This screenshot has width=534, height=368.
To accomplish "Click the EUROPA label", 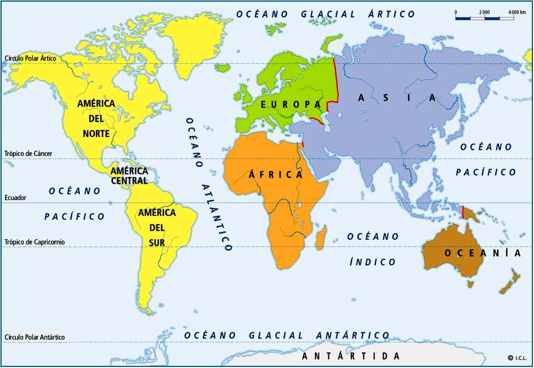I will (x=291, y=104).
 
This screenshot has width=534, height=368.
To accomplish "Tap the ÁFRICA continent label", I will (x=276, y=174).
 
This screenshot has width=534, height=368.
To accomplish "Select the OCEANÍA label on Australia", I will (x=482, y=253).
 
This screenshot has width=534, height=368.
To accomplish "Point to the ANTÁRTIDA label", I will (x=350, y=356).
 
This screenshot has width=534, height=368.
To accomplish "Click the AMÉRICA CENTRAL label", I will (x=129, y=175).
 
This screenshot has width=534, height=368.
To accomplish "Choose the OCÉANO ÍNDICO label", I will (x=373, y=249).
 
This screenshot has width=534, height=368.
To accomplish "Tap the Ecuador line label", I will (x=16, y=198).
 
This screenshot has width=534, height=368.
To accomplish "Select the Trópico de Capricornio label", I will (x=34, y=242).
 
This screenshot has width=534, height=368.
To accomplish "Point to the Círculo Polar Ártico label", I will (x=30, y=58).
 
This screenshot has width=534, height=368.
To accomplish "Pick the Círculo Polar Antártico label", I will (x=34, y=337).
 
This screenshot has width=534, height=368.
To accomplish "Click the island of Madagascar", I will (x=321, y=240).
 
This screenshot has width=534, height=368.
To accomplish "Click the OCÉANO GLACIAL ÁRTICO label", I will (x=326, y=14).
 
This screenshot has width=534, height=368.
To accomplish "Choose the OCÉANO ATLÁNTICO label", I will (x=210, y=184).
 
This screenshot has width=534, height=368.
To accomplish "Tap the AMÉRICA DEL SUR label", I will (x=157, y=227).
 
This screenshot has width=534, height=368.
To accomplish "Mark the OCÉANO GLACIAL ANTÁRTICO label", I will (x=287, y=335).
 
